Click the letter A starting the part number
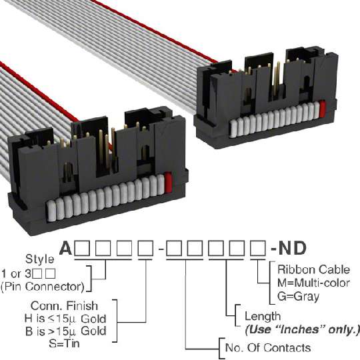65,249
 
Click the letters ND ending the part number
292,249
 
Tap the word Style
40,259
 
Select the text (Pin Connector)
43,287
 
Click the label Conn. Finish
64,306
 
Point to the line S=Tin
64,343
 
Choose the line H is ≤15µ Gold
65,319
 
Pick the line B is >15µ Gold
66,331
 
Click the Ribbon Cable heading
313,269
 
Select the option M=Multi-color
313,283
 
